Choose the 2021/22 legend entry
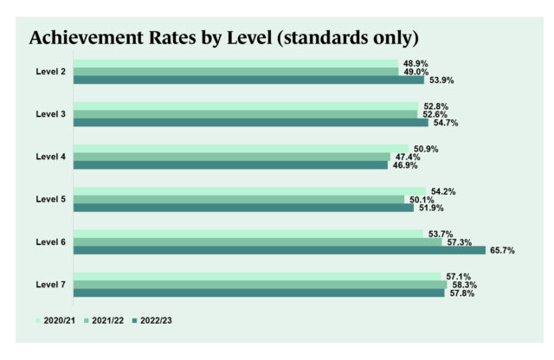(107, 320)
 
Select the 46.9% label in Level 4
(404, 165)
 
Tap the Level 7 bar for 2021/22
(260, 284)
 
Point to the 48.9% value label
(415, 63)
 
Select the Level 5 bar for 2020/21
(248, 190)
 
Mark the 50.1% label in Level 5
(421, 200)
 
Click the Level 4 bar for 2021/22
(231, 157)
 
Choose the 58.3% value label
(463, 285)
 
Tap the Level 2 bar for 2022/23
(248, 80)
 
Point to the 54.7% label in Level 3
(444, 123)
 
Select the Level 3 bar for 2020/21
(245, 106)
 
